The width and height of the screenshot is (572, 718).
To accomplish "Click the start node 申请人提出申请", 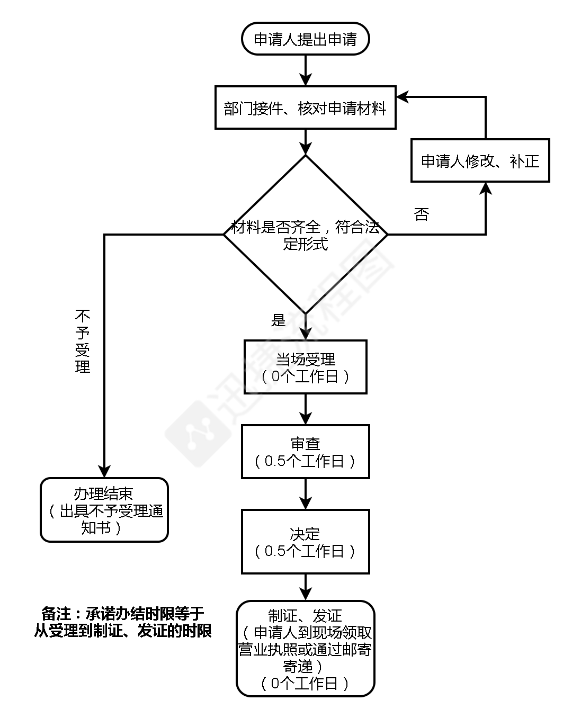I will tap(305, 39).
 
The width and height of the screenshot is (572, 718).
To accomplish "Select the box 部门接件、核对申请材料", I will tap(305, 107).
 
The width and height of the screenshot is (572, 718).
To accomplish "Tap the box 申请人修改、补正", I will tap(480, 160).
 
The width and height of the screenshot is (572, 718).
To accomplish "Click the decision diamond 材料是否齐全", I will tap(305, 235).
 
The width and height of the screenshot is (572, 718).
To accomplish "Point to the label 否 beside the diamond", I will tap(421, 214).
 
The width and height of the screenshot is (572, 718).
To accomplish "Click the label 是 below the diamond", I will tap(278, 320).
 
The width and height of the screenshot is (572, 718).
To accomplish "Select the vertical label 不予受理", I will tap(83, 342).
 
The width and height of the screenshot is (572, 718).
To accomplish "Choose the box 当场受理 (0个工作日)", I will tap(305, 367).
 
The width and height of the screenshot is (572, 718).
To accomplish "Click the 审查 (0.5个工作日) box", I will tap(305, 452).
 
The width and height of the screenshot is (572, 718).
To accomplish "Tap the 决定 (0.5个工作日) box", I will tap(305, 542).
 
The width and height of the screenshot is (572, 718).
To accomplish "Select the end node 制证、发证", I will tap(305, 649).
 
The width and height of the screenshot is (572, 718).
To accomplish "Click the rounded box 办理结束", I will tap(104, 510).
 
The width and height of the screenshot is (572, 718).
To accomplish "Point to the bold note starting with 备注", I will tap(123, 622).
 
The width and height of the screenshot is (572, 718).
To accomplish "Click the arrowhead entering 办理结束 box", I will tap(104, 471).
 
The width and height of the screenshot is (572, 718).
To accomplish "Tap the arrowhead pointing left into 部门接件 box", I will tap(403, 97).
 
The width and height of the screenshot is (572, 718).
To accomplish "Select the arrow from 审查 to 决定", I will tap(306, 493).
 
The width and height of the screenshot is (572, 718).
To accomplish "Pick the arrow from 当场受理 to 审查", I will tap(306, 409).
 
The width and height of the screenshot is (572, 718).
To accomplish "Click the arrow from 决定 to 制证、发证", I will tap(306, 587).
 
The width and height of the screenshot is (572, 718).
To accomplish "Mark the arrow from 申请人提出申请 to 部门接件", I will tap(306, 70).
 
